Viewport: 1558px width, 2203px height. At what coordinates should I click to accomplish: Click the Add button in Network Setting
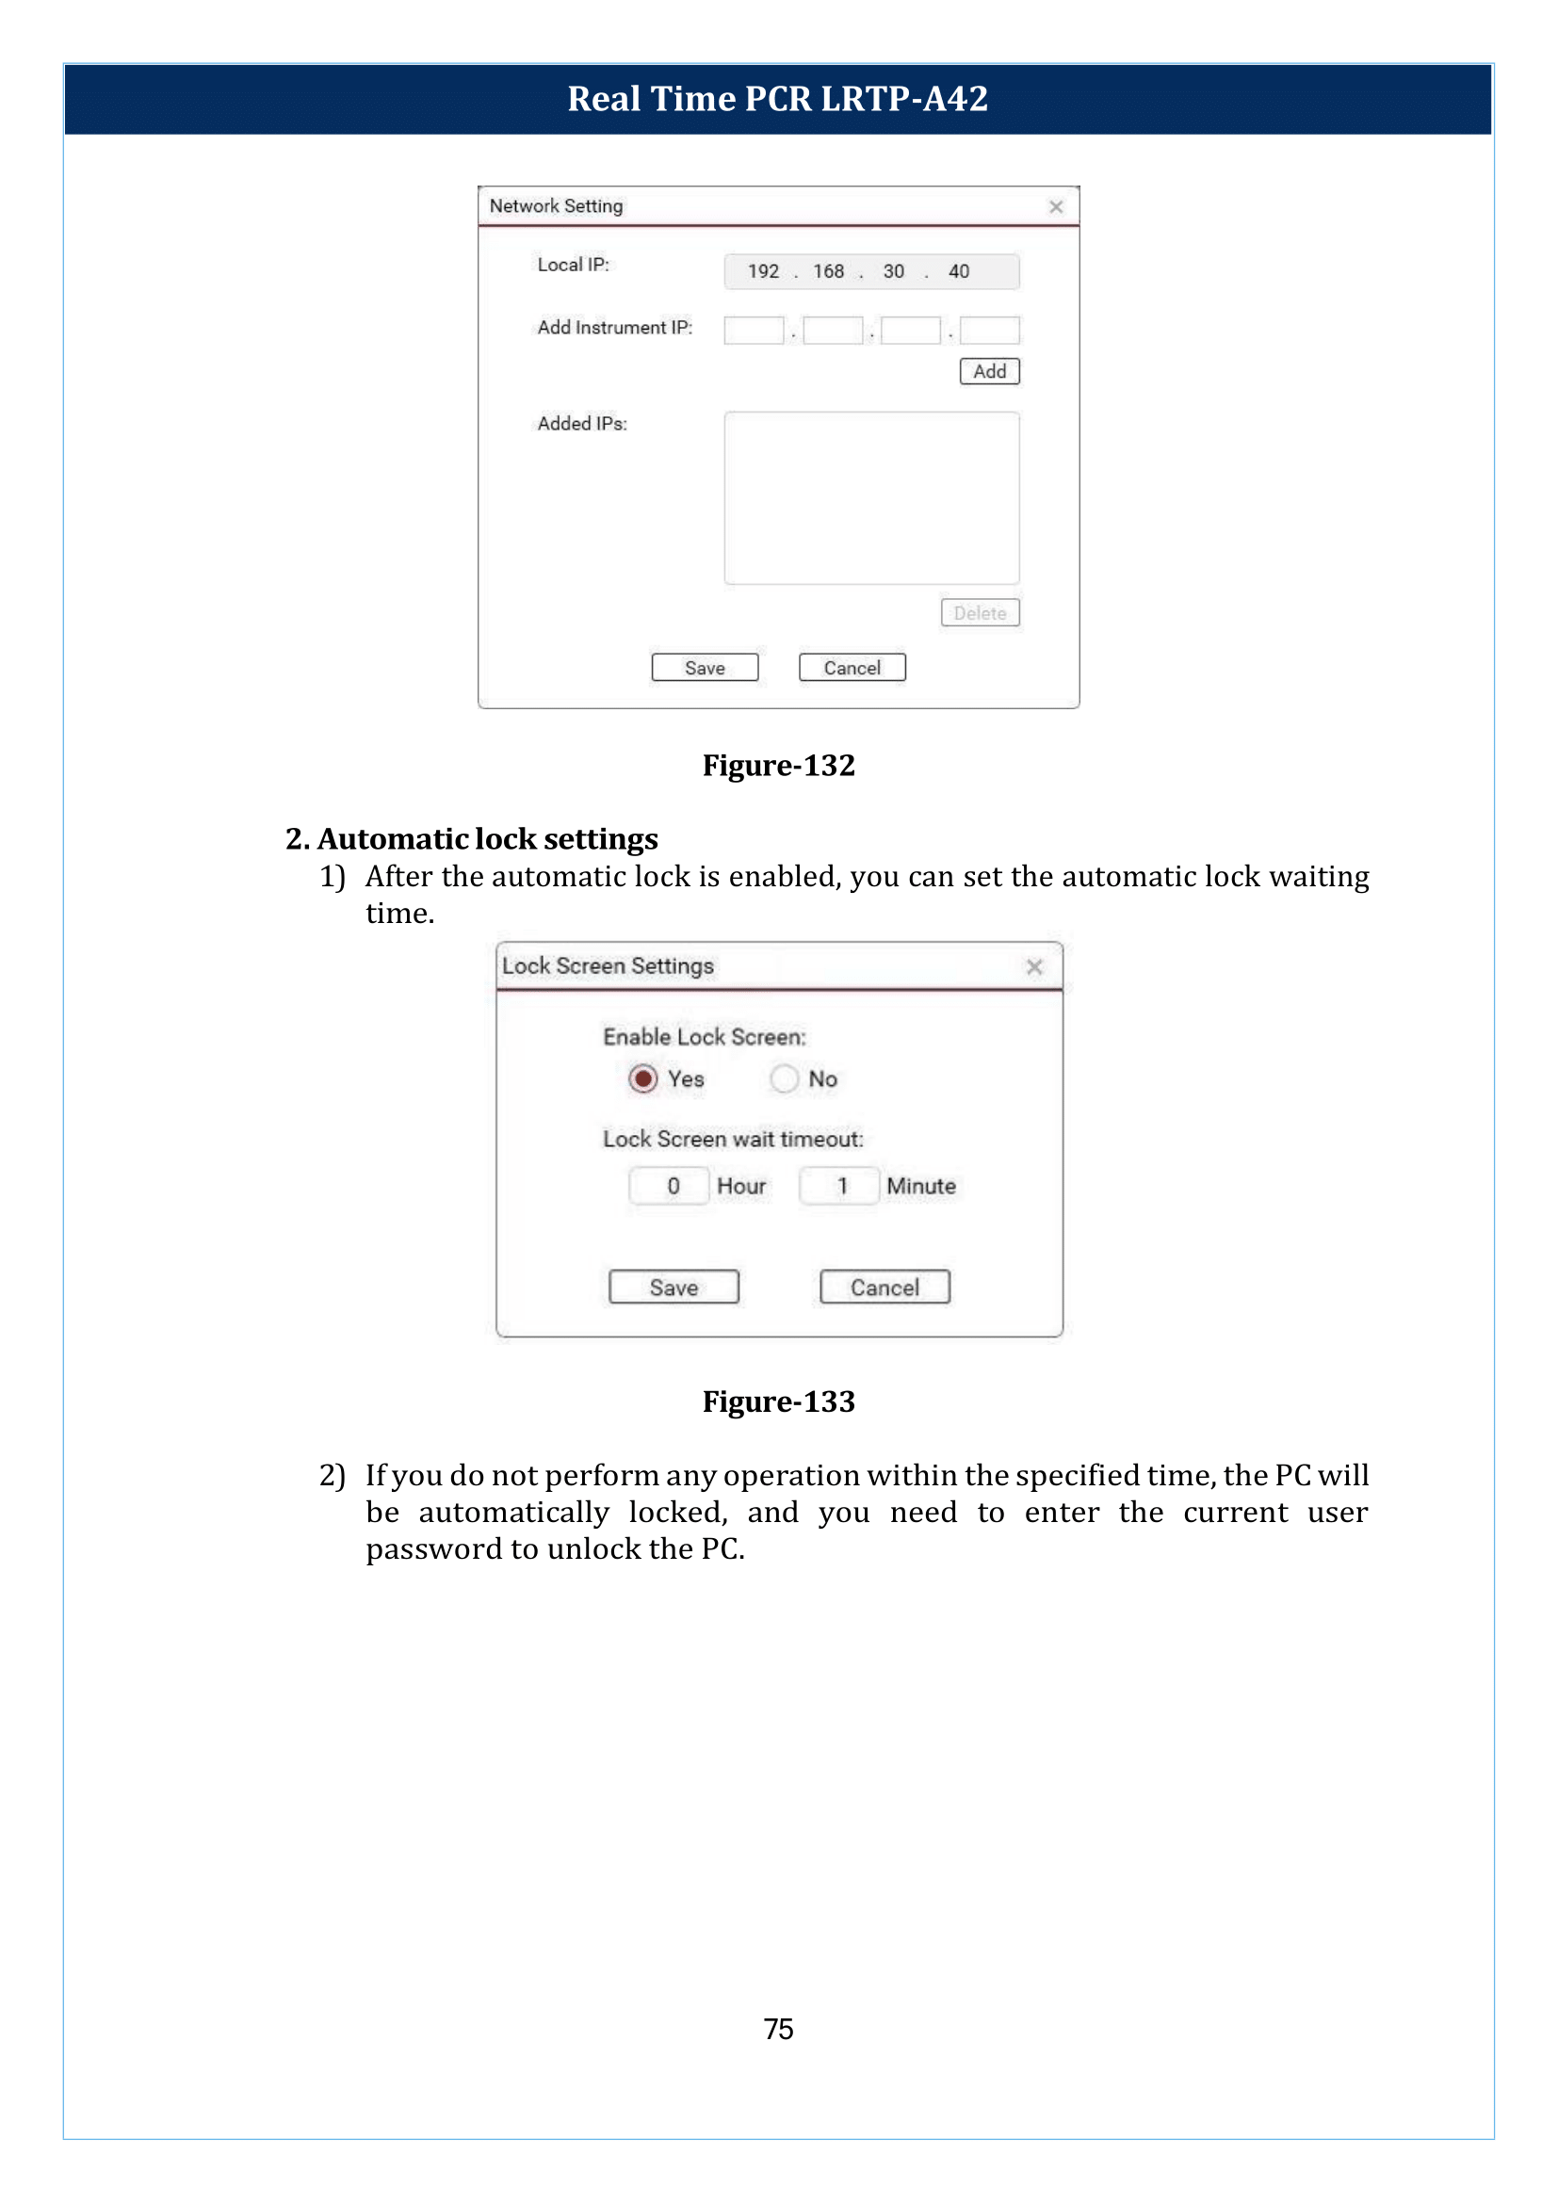click(989, 371)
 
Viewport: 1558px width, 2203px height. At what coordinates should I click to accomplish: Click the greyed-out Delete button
click(980, 612)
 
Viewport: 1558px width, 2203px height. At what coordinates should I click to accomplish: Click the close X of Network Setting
click(1055, 206)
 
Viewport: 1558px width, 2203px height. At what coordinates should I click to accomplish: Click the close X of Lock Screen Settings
click(1033, 966)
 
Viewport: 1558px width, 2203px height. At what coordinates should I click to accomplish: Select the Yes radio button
click(642, 1078)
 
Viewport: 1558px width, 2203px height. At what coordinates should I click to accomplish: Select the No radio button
click(784, 1078)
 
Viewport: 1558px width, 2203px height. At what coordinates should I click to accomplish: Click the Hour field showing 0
click(670, 1186)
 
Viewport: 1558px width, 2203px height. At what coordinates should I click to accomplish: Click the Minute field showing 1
click(838, 1186)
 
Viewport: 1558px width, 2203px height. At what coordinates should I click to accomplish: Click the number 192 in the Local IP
click(763, 271)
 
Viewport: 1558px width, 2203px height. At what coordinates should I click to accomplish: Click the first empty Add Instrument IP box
click(754, 330)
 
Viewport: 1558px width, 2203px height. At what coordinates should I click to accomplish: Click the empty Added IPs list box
click(871, 497)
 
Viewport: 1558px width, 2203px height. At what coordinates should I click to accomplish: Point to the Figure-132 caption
click(778, 765)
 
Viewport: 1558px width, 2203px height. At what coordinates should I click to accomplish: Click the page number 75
click(778, 2029)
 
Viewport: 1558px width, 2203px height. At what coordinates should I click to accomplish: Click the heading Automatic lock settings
click(486, 838)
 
